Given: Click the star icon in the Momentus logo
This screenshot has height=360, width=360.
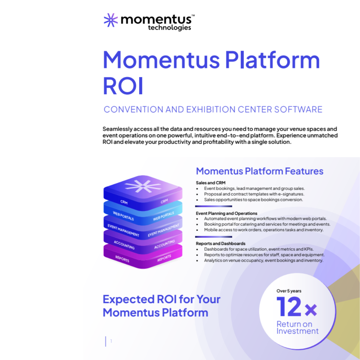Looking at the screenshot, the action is (111, 20).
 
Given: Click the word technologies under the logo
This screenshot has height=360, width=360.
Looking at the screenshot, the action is (169, 28).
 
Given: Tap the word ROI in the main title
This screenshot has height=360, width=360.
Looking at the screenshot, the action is (123, 86).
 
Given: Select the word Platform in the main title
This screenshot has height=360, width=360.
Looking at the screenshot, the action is (272, 60).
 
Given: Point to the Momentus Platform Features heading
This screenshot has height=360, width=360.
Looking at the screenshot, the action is (259, 171).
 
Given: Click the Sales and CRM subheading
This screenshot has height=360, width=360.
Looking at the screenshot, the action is (211, 183).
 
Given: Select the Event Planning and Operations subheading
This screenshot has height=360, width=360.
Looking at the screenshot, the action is (226, 213).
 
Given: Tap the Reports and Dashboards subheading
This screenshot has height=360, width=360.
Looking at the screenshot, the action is (220, 243).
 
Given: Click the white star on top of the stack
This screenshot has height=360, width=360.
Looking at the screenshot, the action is (143, 186).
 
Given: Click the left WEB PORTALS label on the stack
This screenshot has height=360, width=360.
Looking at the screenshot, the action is (123, 216).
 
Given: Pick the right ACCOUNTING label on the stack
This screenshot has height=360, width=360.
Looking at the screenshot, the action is (164, 244).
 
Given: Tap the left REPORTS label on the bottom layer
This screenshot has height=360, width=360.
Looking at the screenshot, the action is (122, 259).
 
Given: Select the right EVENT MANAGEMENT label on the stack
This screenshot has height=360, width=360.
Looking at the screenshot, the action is (163, 230).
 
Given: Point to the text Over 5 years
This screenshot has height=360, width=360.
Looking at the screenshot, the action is (289, 291).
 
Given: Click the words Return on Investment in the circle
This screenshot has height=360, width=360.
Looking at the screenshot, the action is (297, 328).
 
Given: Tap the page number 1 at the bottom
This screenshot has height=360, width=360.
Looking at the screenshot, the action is (111, 341).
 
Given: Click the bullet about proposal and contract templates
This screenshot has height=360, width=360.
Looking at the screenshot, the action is (254, 194).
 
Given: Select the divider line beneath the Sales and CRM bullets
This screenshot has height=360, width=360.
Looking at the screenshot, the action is (214, 206).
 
